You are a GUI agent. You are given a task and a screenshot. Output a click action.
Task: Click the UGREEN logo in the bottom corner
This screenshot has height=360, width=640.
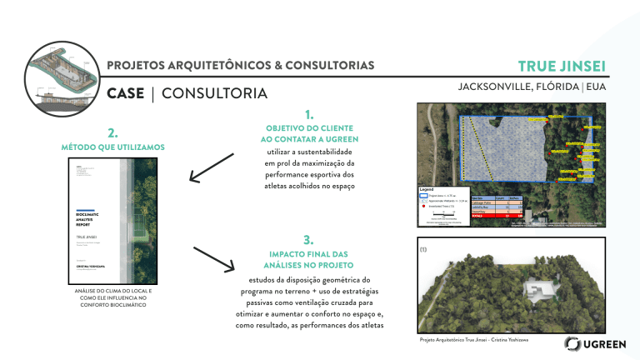coord(592,344)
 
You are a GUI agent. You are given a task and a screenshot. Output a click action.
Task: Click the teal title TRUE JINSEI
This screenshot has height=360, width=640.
coord(561,66)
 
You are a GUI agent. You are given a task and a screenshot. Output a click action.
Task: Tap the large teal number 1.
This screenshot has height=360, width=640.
coord(309,114)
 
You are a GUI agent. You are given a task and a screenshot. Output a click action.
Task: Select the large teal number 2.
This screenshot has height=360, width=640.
coord(112,132)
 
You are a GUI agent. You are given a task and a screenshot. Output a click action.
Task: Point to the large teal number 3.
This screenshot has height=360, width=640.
coord(308,239)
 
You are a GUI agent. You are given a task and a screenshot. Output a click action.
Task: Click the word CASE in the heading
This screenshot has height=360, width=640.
coord(125,92)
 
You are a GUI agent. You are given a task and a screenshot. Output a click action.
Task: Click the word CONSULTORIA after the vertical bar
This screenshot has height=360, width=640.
coord(214,92)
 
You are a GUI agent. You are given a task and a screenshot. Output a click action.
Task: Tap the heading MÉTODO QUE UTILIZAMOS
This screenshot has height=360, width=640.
coord(113,148)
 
